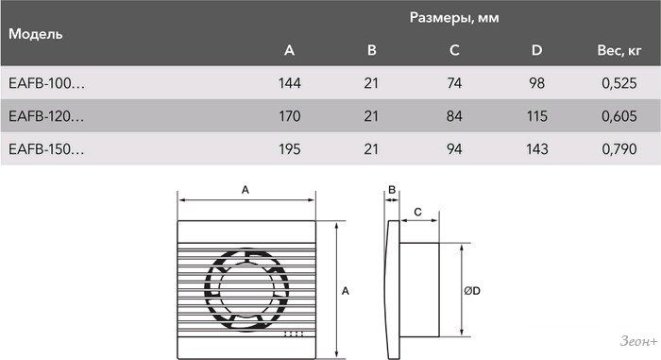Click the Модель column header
(36, 34)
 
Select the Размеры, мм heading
(454, 18)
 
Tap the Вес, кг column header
(619, 50)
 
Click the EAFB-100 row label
(47, 83)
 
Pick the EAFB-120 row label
(46, 116)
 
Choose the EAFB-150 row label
(46, 149)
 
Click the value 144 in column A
(290, 83)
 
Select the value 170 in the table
(290, 116)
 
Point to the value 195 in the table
(290, 149)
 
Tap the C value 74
(454, 83)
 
